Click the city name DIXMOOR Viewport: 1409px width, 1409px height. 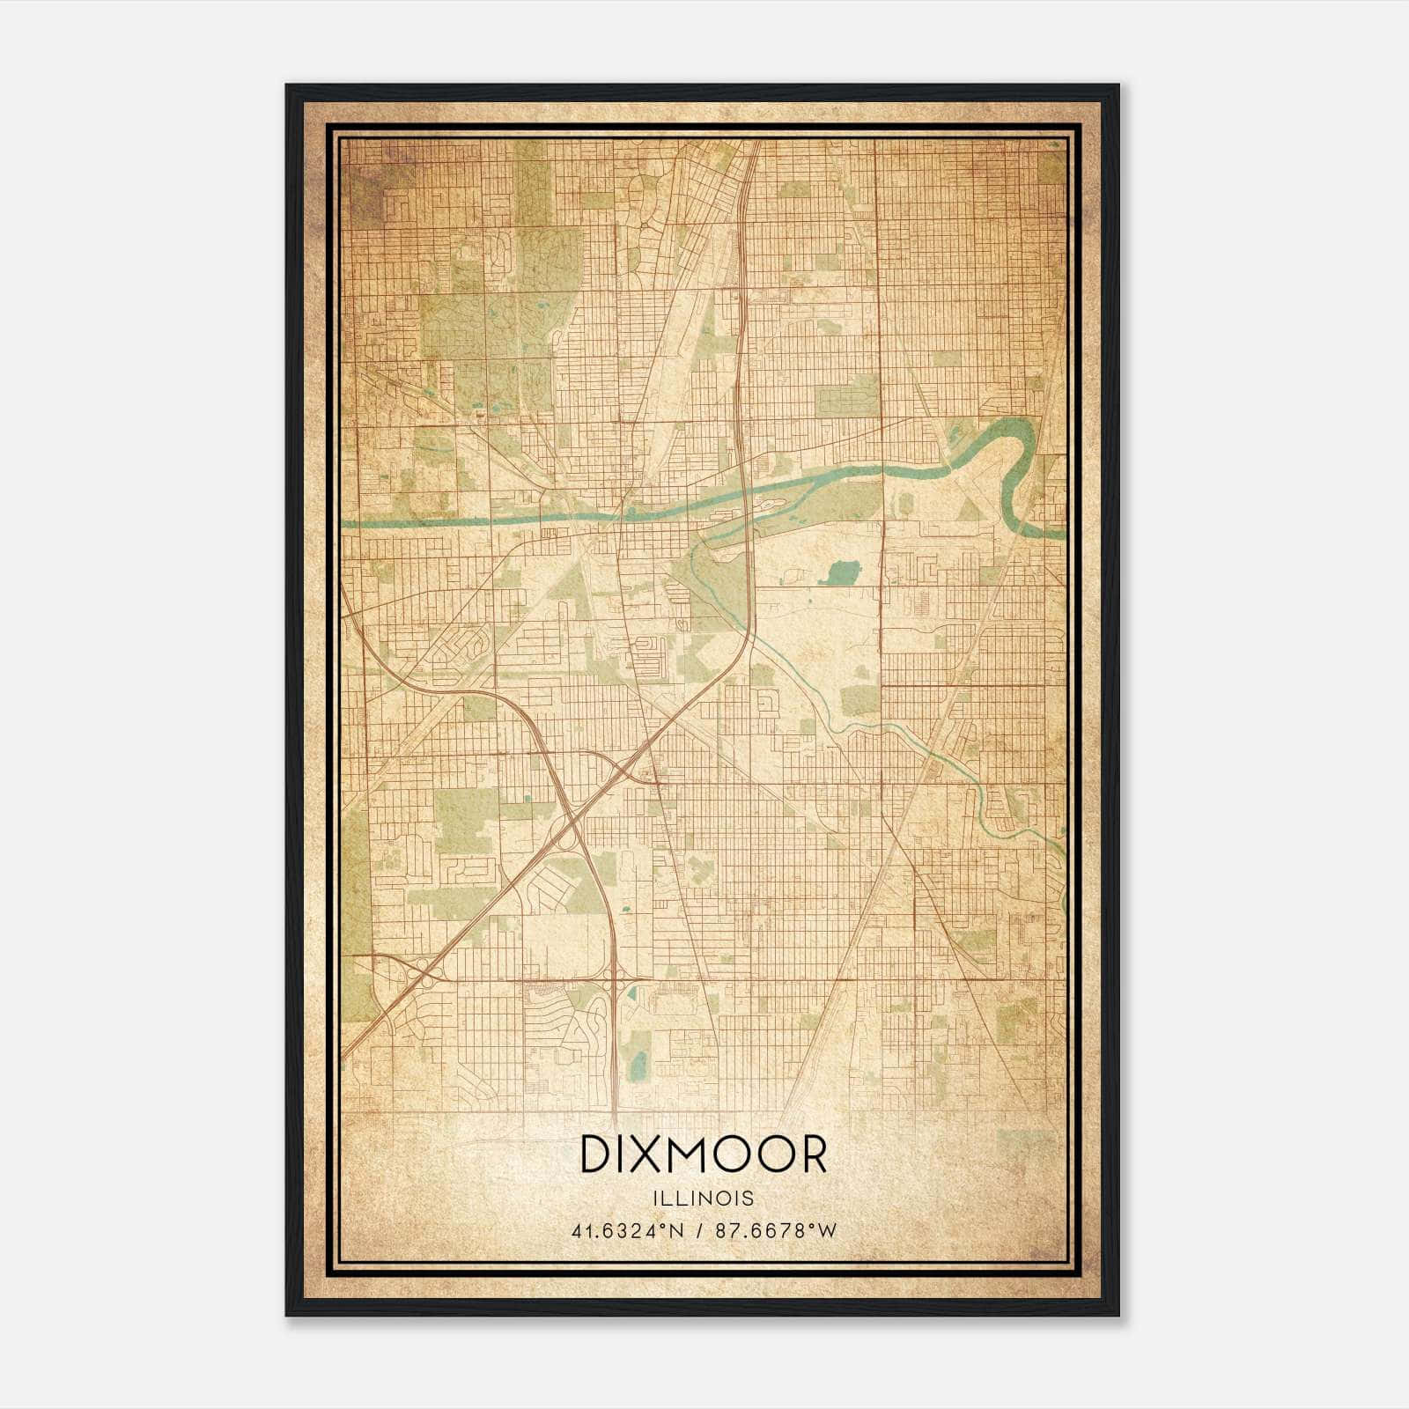704,1154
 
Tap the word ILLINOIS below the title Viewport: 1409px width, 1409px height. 704,1199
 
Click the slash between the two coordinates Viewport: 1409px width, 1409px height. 699,1231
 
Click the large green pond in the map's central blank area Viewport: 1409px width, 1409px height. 840,573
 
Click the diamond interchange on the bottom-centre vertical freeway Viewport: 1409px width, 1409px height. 613,977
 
